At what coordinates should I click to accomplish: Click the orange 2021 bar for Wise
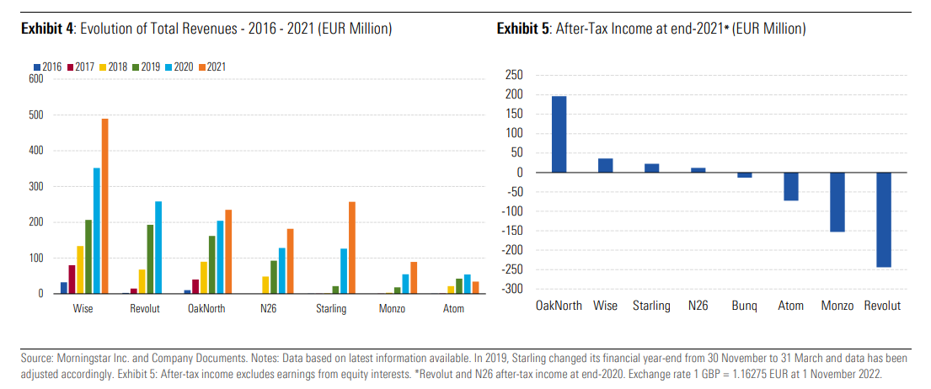point(105,206)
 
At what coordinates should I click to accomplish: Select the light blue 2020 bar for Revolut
point(158,248)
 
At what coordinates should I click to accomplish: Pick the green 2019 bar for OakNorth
point(211,264)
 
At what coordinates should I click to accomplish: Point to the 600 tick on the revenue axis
point(36,79)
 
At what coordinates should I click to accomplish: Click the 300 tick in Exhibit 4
point(36,187)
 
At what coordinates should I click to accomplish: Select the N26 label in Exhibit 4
point(270,309)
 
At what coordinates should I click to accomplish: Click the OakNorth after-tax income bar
point(559,135)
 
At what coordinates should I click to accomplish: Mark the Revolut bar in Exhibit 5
point(884,220)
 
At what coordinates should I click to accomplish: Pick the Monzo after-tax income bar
point(837,202)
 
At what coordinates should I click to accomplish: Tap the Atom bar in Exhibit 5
point(791,187)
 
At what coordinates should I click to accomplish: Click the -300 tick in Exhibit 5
point(512,289)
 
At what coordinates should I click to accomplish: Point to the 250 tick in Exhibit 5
point(514,75)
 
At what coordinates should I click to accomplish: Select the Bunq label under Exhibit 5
point(744,306)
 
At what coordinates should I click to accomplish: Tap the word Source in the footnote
point(35,358)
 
